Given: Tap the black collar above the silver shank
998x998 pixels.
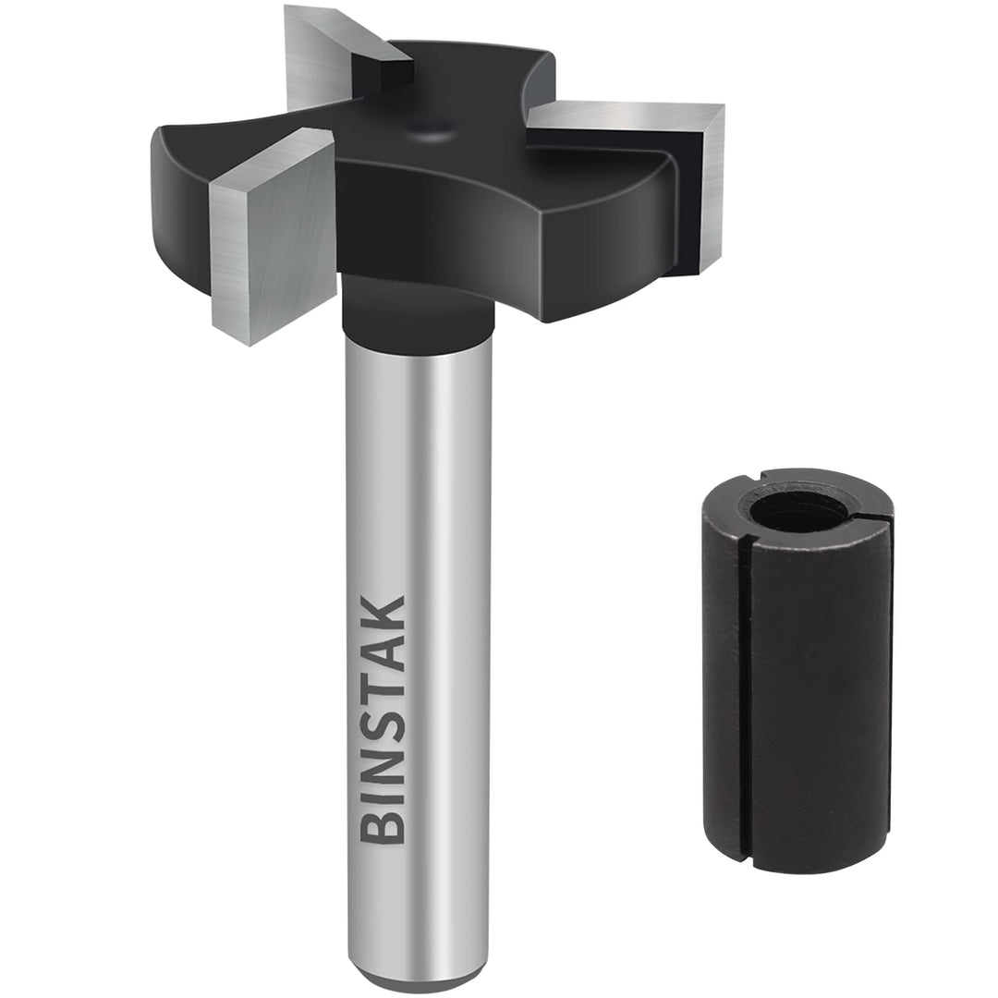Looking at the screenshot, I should point(418,310).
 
